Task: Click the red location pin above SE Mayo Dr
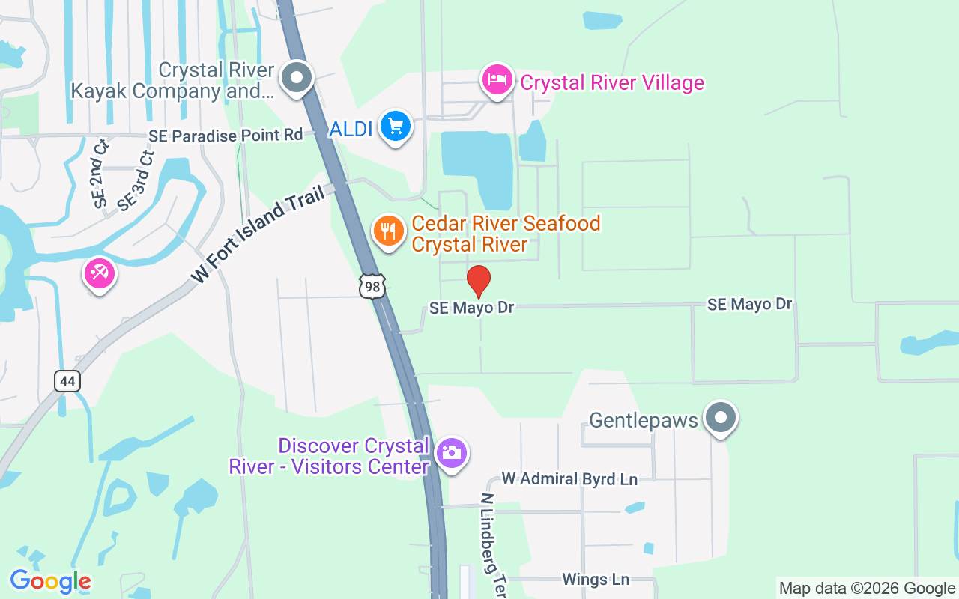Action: click(479, 282)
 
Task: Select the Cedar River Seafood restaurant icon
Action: click(388, 231)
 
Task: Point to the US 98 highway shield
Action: click(372, 286)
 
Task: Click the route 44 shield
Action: click(67, 381)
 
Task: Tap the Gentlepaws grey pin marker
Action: click(721, 418)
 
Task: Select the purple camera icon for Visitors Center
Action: click(451, 453)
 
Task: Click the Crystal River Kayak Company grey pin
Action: click(297, 77)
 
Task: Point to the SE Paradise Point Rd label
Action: click(226, 136)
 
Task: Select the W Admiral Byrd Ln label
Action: click(569, 478)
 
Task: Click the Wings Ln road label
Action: click(596, 579)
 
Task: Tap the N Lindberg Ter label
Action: click(494, 544)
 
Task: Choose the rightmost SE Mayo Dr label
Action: click(749, 304)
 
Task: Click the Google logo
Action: click(50, 581)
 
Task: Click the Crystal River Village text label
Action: click(612, 82)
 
